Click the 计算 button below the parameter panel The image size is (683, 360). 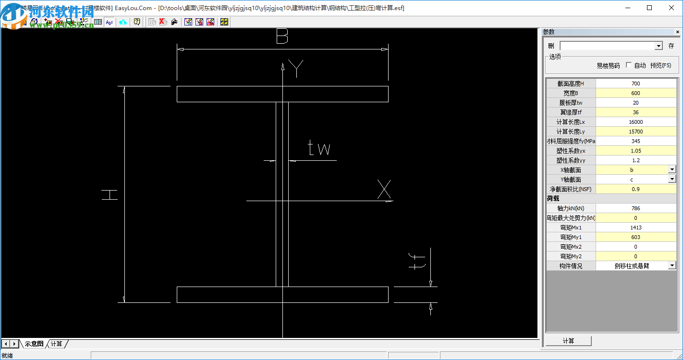pyautogui.click(x=568, y=341)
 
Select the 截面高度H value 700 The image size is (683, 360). pyautogui.click(x=635, y=84)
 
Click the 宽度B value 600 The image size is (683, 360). pyautogui.click(x=635, y=93)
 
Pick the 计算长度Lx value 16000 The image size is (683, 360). pyautogui.click(x=635, y=122)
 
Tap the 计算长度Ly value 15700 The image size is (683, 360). pyautogui.click(x=635, y=132)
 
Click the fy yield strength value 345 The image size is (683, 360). pyautogui.click(x=635, y=141)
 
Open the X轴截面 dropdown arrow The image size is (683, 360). pyautogui.click(x=672, y=169)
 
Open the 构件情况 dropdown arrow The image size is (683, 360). pyautogui.click(x=672, y=265)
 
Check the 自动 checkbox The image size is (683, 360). pyautogui.click(x=629, y=65)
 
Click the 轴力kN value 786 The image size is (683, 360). pyautogui.click(x=635, y=208)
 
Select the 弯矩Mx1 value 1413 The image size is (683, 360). pyautogui.click(x=635, y=228)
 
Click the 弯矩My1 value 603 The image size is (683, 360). pyautogui.click(x=635, y=237)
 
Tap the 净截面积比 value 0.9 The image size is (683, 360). pyautogui.click(x=635, y=189)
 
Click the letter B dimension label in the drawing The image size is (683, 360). pyautogui.click(x=282, y=36)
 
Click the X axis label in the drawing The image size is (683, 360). pyautogui.click(x=384, y=189)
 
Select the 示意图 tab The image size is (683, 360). pyautogui.click(x=34, y=344)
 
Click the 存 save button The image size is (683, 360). pyautogui.click(x=671, y=46)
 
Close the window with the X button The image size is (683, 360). pyautogui.click(x=671, y=8)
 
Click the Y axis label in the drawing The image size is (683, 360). pyautogui.click(x=296, y=69)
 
